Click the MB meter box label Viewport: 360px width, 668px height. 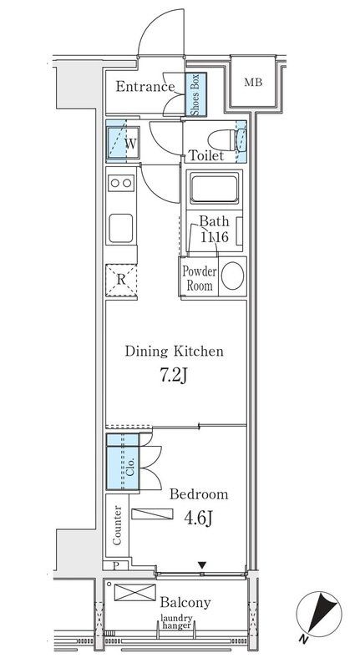pyautogui.click(x=253, y=82)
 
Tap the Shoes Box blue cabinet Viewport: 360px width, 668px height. pyautogui.click(x=196, y=94)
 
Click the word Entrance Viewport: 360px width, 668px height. pyautogui.click(x=145, y=87)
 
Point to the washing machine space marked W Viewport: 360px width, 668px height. pyautogui.click(x=123, y=143)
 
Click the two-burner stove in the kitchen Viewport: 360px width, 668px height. pyautogui.click(x=121, y=183)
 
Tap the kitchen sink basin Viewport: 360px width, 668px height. pyautogui.click(x=121, y=228)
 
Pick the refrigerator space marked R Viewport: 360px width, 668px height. pyautogui.click(x=121, y=280)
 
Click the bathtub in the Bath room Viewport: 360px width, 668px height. pyautogui.click(x=214, y=188)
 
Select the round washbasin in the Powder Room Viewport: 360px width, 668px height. pyautogui.click(x=233, y=276)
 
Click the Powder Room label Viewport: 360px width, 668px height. pyautogui.click(x=200, y=278)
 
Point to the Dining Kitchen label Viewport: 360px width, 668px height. pyautogui.click(x=175, y=352)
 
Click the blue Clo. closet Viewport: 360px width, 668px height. pyautogui.click(x=123, y=462)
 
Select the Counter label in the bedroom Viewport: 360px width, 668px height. pyautogui.click(x=117, y=525)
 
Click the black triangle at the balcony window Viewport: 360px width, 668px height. pyautogui.click(x=202, y=565)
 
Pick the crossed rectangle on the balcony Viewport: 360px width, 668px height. pyautogui.click(x=135, y=593)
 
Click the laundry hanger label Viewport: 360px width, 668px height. pyautogui.click(x=176, y=621)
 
